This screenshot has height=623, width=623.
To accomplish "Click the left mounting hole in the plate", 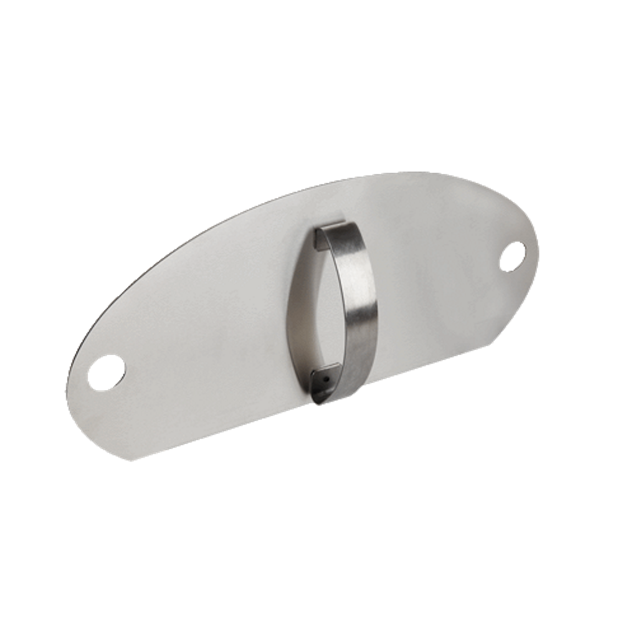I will click(107, 371).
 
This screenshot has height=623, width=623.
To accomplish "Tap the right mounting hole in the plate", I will click(512, 256).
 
